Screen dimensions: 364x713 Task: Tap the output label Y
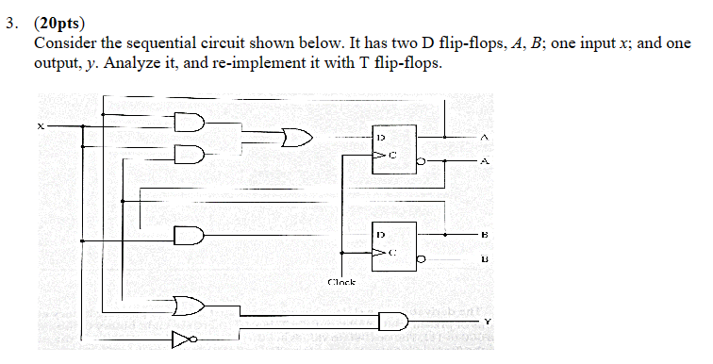pyautogui.click(x=489, y=322)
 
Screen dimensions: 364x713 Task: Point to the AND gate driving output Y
pyautogui.click(x=394, y=321)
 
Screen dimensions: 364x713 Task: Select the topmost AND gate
pyautogui.click(x=190, y=120)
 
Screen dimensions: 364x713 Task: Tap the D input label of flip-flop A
pyautogui.click(x=381, y=138)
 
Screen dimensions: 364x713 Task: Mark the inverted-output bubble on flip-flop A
pyautogui.click(x=422, y=163)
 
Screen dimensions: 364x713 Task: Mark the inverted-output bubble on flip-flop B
pyautogui.click(x=421, y=257)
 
